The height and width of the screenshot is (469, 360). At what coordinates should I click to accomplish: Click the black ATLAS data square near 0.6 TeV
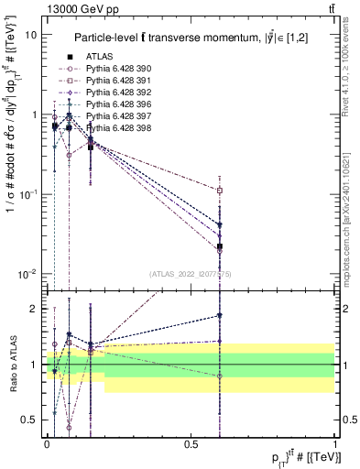(x=220, y=246)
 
